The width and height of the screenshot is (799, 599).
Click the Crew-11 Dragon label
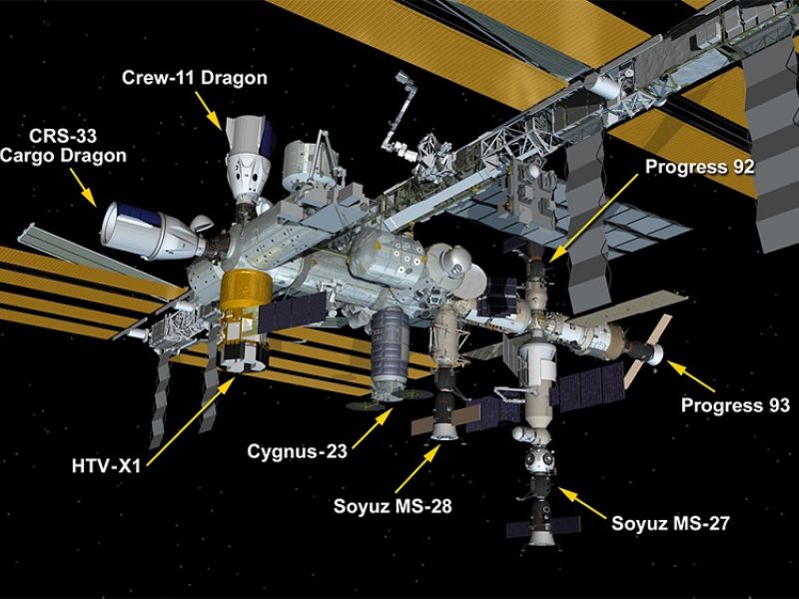(194, 78)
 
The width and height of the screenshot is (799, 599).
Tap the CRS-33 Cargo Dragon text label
(63, 146)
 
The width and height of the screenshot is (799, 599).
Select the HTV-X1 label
(106, 466)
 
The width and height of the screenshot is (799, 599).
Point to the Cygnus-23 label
(297, 451)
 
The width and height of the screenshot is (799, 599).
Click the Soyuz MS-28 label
(393, 506)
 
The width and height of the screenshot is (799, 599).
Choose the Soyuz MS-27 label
(670, 523)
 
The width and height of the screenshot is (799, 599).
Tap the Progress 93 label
(735, 405)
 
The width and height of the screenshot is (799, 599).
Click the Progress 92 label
(699, 167)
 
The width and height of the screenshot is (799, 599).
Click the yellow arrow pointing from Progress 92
(593, 218)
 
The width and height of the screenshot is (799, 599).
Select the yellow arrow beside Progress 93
(690, 376)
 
